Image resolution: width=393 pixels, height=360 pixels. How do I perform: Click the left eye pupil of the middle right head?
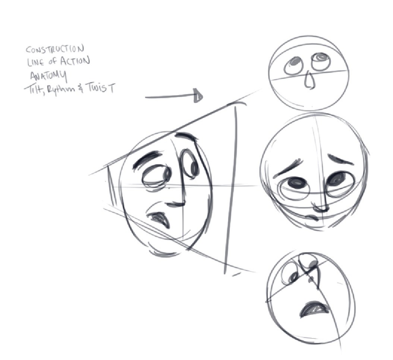coord(296,183)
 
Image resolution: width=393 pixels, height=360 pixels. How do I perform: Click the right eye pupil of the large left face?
coord(194,168)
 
